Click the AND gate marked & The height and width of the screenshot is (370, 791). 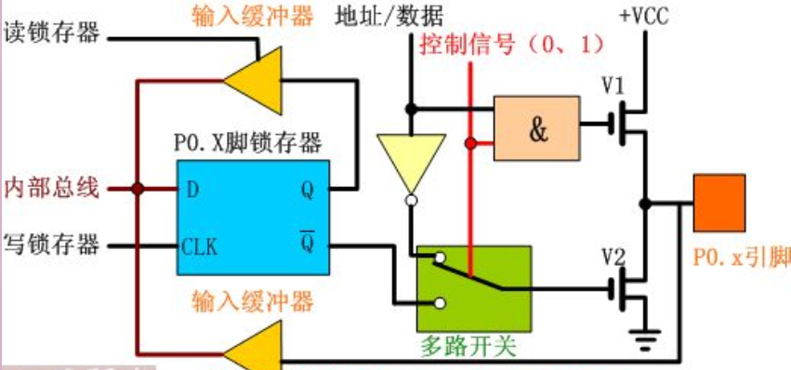tap(536, 128)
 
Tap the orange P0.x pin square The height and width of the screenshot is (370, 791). tap(719, 203)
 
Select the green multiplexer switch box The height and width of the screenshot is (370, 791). tap(474, 285)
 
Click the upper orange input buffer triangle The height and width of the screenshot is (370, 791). tap(254, 77)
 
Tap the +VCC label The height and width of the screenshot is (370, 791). tap(642, 16)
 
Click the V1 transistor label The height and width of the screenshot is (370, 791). tap(612, 86)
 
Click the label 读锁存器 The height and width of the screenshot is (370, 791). tap(52, 35)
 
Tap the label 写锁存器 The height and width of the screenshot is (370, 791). tap(52, 245)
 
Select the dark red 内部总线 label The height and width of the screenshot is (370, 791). tap(52, 188)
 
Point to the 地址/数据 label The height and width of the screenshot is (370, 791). tap(389, 16)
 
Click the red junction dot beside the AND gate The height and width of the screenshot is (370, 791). tap(471, 143)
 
